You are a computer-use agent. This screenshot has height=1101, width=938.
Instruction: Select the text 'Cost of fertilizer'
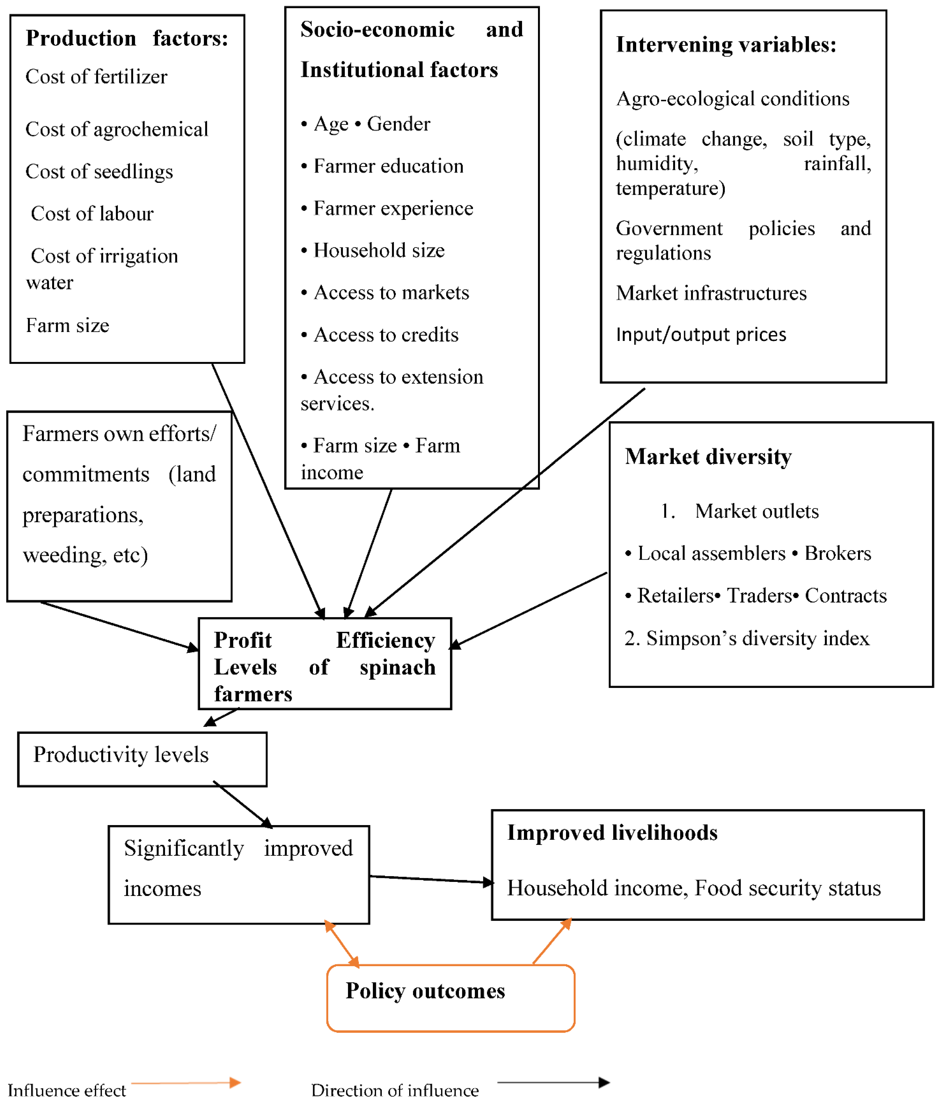tap(96, 77)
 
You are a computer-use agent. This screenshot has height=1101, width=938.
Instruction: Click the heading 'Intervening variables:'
tap(725, 45)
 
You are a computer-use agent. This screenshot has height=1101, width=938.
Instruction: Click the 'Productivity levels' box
tap(142, 759)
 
